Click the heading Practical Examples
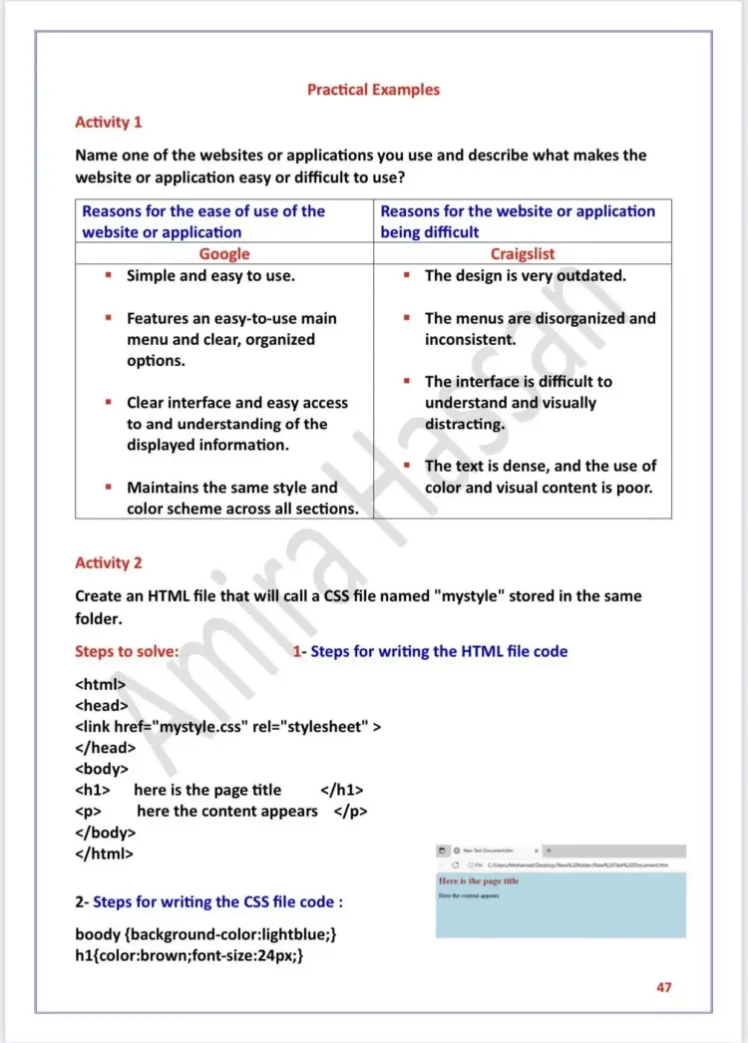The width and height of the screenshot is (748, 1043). tap(373, 90)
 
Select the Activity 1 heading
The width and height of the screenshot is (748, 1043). tap(109, 122)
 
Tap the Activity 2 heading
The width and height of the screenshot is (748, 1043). tap(109, 562)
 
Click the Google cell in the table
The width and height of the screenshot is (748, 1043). tap(224, 254)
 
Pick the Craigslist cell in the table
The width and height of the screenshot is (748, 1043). tap(523, 254)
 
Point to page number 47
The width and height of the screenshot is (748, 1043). tap(664, 987)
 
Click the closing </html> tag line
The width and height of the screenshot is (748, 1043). tap(105, 854)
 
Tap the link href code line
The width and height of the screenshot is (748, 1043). tap(228, 726)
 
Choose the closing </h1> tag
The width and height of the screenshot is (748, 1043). tap(342, 790)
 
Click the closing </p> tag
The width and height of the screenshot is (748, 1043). tap(350, 811)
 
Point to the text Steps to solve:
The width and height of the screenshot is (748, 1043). tap(127, 651)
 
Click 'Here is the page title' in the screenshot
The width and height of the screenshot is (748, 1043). tap(479, 881)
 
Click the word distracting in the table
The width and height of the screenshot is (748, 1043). tap(465, 424)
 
